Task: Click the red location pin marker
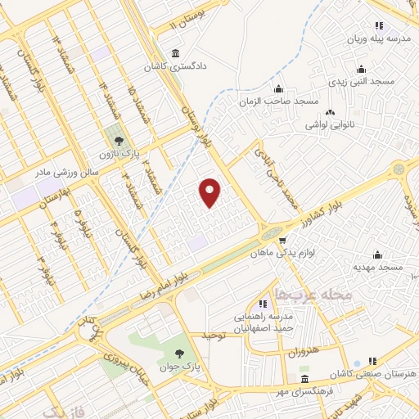click(x=211, y=192)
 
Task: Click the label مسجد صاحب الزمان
click(x=283, y=101)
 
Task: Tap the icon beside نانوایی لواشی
click(x=331, y=113)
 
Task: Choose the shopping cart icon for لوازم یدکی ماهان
click(x=282, y=241)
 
